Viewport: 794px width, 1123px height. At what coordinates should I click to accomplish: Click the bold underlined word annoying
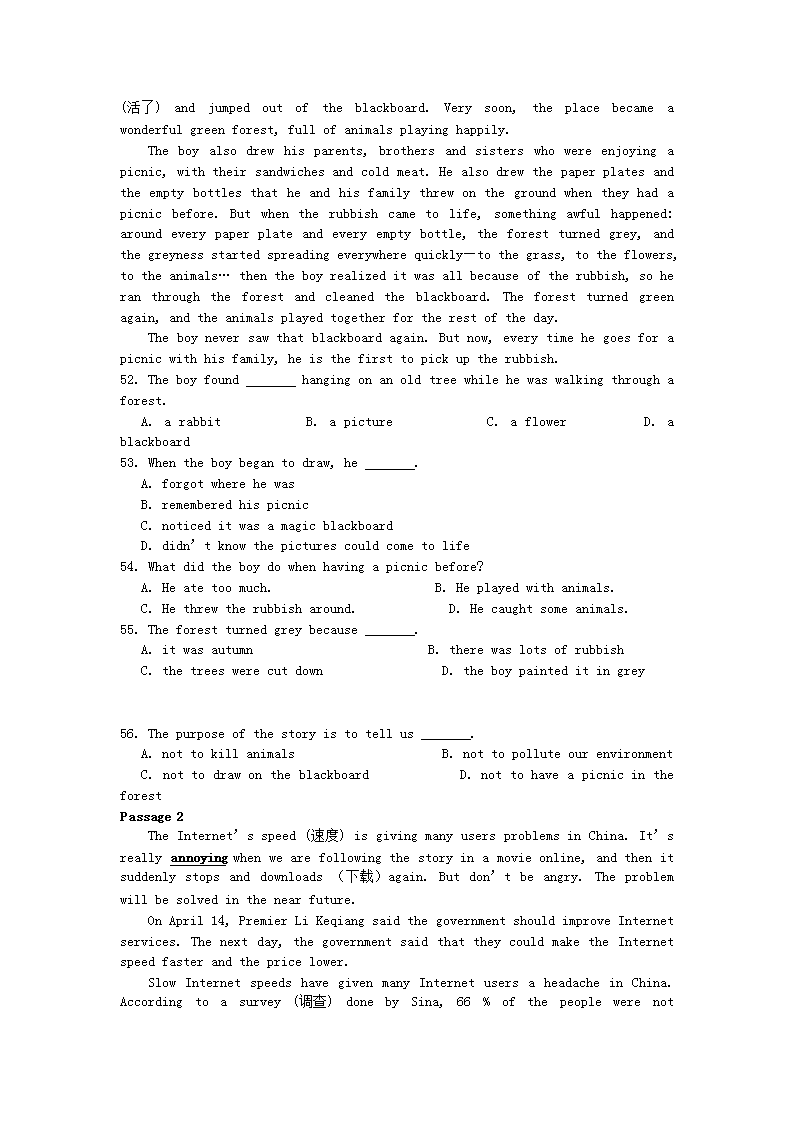point(199,858)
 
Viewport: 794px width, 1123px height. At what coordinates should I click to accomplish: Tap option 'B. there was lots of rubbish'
point(526,650)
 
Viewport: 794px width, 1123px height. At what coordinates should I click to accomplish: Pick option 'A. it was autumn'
point(197,650)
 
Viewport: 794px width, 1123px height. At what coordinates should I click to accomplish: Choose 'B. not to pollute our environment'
point(557,754)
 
